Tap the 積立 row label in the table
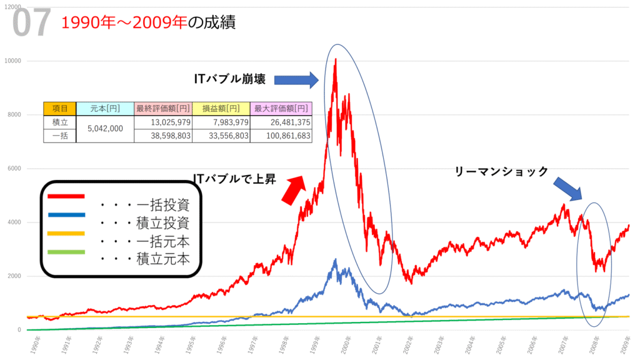pyautogui.click(x=59, y=122)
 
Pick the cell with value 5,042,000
pyautogui.click(x=105, y=129)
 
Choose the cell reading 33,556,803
pyautogui.click(x=221, y=136)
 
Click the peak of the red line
pyautogui.click(x=336, y=60)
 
